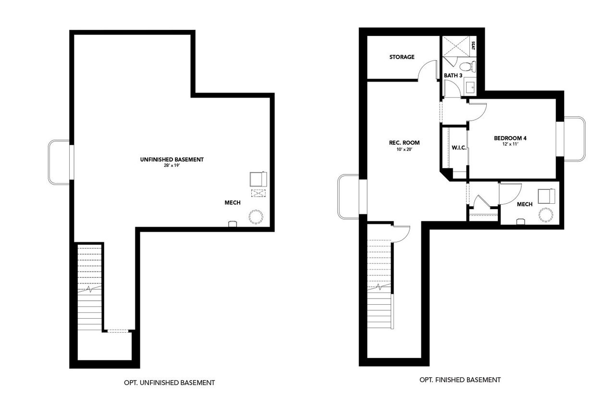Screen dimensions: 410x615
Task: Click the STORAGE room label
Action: pyautogui.click(x=402, y=57)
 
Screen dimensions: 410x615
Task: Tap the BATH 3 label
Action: pyautogui.click(x=453, y=75)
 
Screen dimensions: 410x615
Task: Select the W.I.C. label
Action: pyautogui.click(x=459, y=148)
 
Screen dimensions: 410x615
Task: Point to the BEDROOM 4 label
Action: pyautogui.click(x=510, y=138)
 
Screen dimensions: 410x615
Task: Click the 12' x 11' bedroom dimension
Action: pyautogui.click(x=510, y=145)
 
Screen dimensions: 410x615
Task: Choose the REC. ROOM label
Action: pyautogui.click(x=404, y=143)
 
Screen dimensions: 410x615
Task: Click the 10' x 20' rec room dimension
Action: pyautogui.click(x=404, y=149)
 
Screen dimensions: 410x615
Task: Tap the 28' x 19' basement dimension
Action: pyautogui.click(x=172, y=166)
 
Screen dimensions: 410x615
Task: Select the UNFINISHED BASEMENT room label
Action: pyautogui.click(x=172, y=160)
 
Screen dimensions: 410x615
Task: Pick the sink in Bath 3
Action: pyautogui.click(x=470, y=87)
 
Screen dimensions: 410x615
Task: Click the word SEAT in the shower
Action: pyautogui.click(x=473, y=46)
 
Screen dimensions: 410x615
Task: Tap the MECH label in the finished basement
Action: pyautogui.click(x=525, y=205)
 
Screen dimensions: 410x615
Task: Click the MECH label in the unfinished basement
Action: pyautogui.click(x=233, y=203)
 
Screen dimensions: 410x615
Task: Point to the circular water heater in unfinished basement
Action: pyautogui.click(x=256, y=217)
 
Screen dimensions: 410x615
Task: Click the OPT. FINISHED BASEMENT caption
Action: pyautogui.click(x=460, y=380)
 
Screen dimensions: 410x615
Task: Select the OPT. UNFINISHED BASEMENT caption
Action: pyautogui.click(x=169, y=383)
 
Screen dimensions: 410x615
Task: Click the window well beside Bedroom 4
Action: pyautogui.click(x=575, y=139)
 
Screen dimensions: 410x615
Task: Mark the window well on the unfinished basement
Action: pyautogui.click(x=59, y=162)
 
